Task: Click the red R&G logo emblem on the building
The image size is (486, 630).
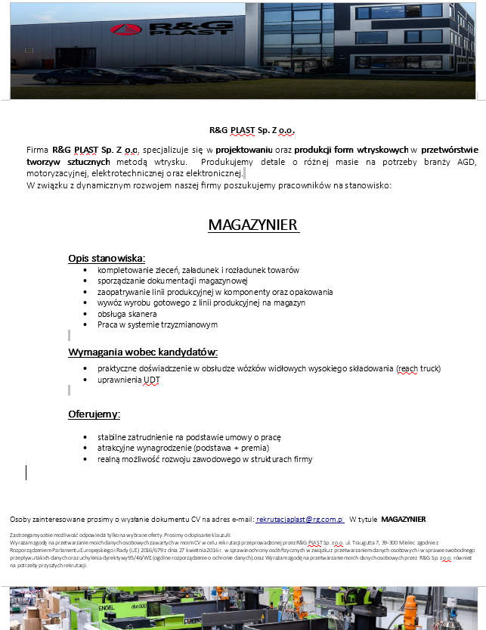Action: [x=120, y=30]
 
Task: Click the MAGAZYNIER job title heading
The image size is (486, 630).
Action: [x=253, y=225]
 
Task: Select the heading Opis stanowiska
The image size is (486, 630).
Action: [x=107, y=258]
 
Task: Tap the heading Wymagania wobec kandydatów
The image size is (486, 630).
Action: [x=143, y=352]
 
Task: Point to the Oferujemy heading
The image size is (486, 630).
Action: [x=94, y=414]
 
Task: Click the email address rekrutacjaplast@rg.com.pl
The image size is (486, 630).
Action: [x=300, y=519]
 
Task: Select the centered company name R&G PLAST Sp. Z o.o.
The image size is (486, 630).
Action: [x=252, y=130]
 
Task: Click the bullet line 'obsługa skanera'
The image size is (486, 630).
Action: [x=127, y=313]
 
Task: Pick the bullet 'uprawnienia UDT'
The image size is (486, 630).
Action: [x=128, y=380]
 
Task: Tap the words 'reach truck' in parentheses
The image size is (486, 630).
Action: [x=419, y=368]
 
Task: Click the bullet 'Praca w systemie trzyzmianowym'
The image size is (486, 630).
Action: [x=157, y=324]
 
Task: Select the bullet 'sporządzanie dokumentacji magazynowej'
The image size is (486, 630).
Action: [x=167, y=281]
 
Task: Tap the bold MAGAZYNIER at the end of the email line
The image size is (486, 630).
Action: [x=403, y=519]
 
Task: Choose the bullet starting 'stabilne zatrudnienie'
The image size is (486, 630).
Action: [x=189, y=437]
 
